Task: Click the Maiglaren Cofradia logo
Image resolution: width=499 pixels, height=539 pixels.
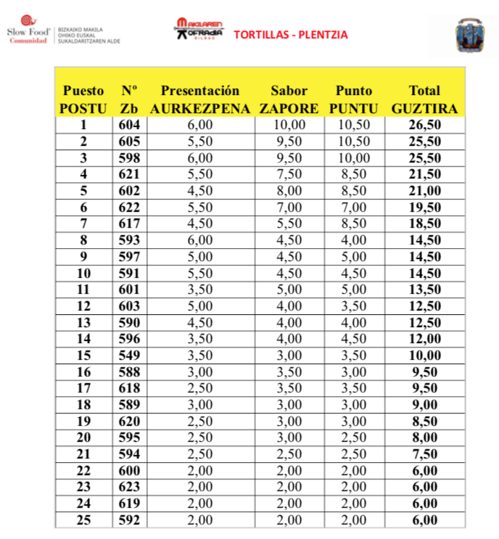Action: (199, 31)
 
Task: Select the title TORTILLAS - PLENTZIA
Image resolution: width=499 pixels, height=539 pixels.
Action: (290, 34)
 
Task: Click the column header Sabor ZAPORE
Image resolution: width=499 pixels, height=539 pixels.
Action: (289, 99)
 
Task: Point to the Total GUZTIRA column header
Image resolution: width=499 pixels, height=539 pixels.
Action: (424, 99)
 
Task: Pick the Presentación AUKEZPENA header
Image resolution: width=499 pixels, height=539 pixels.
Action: (199, 99)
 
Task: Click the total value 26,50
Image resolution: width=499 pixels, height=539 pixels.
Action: (424, 125)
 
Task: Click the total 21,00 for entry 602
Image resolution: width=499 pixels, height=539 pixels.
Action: (424, 190)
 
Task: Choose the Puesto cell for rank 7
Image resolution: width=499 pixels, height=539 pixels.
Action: (83, 223)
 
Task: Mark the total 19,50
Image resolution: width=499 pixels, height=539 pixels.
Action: (424, 207)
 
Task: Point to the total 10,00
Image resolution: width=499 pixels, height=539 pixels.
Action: (424, 355)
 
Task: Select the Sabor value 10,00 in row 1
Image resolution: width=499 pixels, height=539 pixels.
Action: (289, 125)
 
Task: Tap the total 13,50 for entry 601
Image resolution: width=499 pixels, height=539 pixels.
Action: (424, 289)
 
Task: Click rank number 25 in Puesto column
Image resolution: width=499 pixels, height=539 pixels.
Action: (83, 519)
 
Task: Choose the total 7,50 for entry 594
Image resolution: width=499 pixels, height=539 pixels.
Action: (424, 453)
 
